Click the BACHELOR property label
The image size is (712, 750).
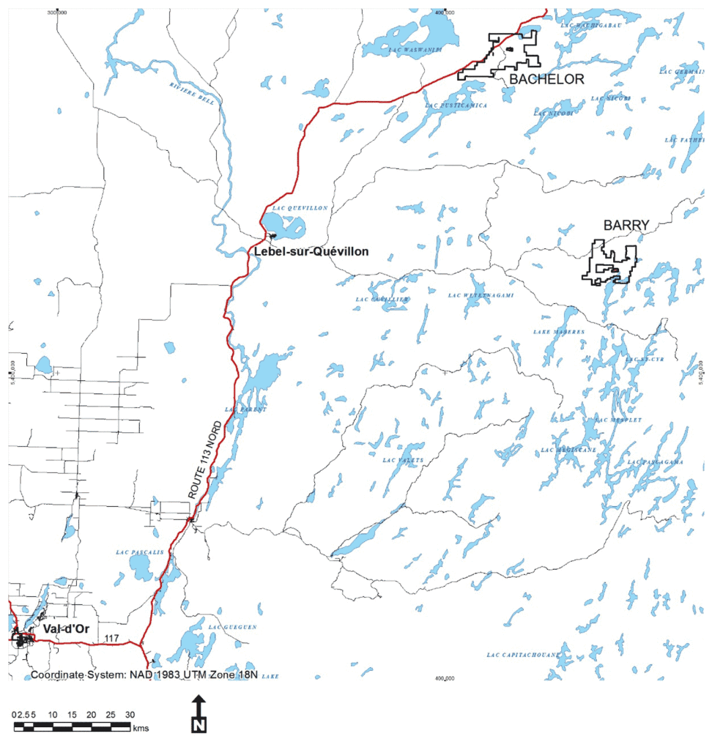(547, 79)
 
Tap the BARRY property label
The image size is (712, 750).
(621, 225)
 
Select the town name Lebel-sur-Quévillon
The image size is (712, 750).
(312, 251)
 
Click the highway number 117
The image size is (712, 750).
(111, 638)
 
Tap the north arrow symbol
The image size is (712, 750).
(199, 715)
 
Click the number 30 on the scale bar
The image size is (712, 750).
(130, 714)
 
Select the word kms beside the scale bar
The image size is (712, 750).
(141, 728)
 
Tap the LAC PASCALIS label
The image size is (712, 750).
(136, 551)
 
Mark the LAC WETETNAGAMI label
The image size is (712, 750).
(481, 295)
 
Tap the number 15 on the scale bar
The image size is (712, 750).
(72, 714)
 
